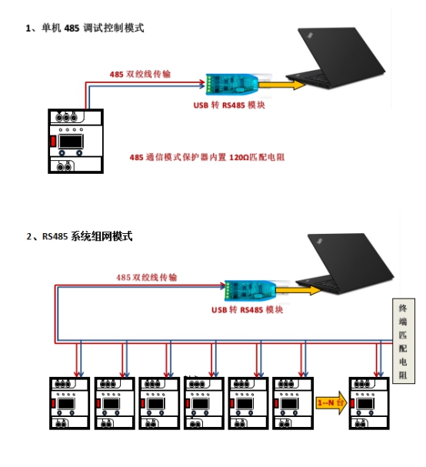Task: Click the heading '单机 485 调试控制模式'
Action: [92, 28]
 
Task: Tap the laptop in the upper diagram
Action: [335, 58]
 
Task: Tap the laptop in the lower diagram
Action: [345, 264]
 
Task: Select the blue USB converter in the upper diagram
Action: [232, 85]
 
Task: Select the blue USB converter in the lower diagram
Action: [251, 290]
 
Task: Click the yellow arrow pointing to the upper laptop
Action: [282, 85]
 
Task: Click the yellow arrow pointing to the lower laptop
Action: [298, 290]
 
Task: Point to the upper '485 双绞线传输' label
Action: [140, 74]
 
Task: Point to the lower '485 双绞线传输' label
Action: [146, 278]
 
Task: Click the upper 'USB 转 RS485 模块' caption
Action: [229, 105]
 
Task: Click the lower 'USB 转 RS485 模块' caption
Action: [247, 310]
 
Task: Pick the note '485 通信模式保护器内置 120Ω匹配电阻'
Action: [207, 157]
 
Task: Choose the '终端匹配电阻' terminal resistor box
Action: [404, 341]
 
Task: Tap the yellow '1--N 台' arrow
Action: [331, 403]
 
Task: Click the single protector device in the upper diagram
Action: [76, 141]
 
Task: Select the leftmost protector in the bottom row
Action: [70, 403]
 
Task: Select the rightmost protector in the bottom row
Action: [369, 403]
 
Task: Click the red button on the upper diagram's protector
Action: [53, 141]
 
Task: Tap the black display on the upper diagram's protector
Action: [71, 142]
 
